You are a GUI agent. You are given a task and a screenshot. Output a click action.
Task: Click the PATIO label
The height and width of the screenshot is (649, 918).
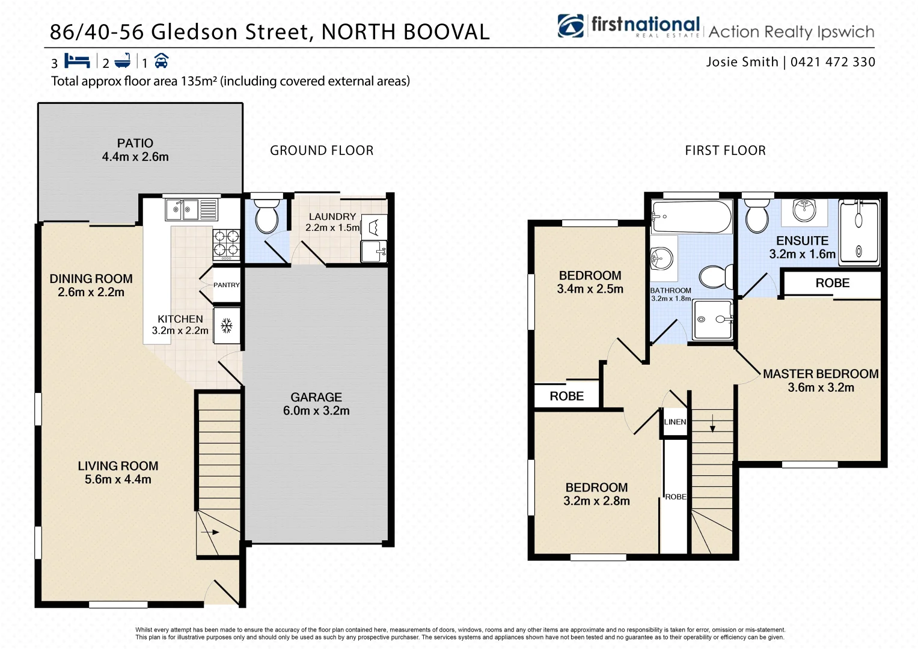tap(135, 143)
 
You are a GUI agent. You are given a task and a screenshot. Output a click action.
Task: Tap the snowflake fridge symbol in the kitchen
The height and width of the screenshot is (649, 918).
tap(227, 326)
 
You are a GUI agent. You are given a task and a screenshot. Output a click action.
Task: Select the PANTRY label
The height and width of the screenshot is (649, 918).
tap(227, 285)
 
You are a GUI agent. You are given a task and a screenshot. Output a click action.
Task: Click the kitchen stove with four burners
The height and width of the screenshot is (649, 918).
tap(226, 244)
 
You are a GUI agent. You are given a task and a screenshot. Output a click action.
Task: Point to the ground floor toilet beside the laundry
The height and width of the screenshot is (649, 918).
tap(266, 218)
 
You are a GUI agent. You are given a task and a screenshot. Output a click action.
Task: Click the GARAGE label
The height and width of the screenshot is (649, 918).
tap(316, 397)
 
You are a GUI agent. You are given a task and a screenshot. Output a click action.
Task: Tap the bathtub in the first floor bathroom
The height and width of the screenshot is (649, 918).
tap(691, 217)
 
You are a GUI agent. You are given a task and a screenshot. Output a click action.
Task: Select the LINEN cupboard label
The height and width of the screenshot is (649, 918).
tap(675, 422)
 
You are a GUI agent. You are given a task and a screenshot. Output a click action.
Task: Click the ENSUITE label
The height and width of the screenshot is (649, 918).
tap(802, 240)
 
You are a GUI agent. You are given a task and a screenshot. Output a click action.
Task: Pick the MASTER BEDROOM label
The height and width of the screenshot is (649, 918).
tap(821, 374)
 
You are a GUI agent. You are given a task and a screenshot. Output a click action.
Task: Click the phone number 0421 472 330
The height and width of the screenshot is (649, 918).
tap(833, 62)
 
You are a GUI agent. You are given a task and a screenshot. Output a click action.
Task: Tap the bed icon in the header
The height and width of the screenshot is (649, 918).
tap(77, 61)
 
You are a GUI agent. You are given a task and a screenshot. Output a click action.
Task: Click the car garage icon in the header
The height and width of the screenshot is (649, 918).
tap(161, 61)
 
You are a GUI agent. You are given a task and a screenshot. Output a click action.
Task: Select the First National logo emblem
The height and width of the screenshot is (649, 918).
tap(571, 26)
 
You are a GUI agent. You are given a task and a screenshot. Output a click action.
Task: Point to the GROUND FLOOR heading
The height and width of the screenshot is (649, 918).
tap(322, 150)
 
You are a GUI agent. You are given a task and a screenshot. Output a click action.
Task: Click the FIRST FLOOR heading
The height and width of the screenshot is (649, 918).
tap(725, 150)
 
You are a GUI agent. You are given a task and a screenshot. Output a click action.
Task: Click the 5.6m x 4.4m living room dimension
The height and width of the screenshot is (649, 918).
tap(118, 480)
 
